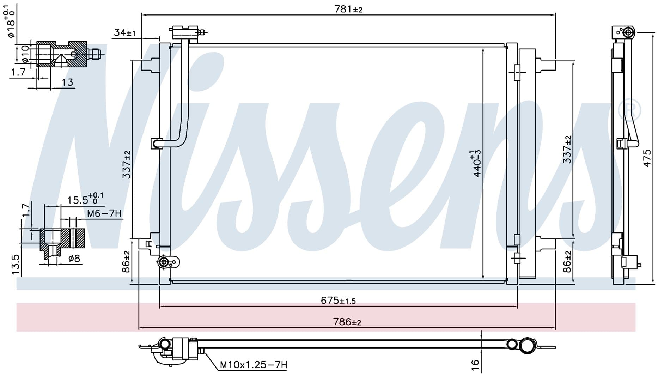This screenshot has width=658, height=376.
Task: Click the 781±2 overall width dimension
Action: click(348, 9)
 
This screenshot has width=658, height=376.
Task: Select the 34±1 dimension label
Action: click(125, 33)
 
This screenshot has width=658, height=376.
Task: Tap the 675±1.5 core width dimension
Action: click(338, 301)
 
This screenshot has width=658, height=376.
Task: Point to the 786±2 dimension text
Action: click(347, 322)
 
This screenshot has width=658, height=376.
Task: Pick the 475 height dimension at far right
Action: click(647, 158)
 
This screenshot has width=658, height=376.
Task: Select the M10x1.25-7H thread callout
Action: click(253, 364)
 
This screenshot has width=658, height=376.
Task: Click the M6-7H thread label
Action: click(104, 213)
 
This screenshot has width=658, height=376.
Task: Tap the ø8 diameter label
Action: click(74, 259)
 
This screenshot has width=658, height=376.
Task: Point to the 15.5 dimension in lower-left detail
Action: click(85, 199)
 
